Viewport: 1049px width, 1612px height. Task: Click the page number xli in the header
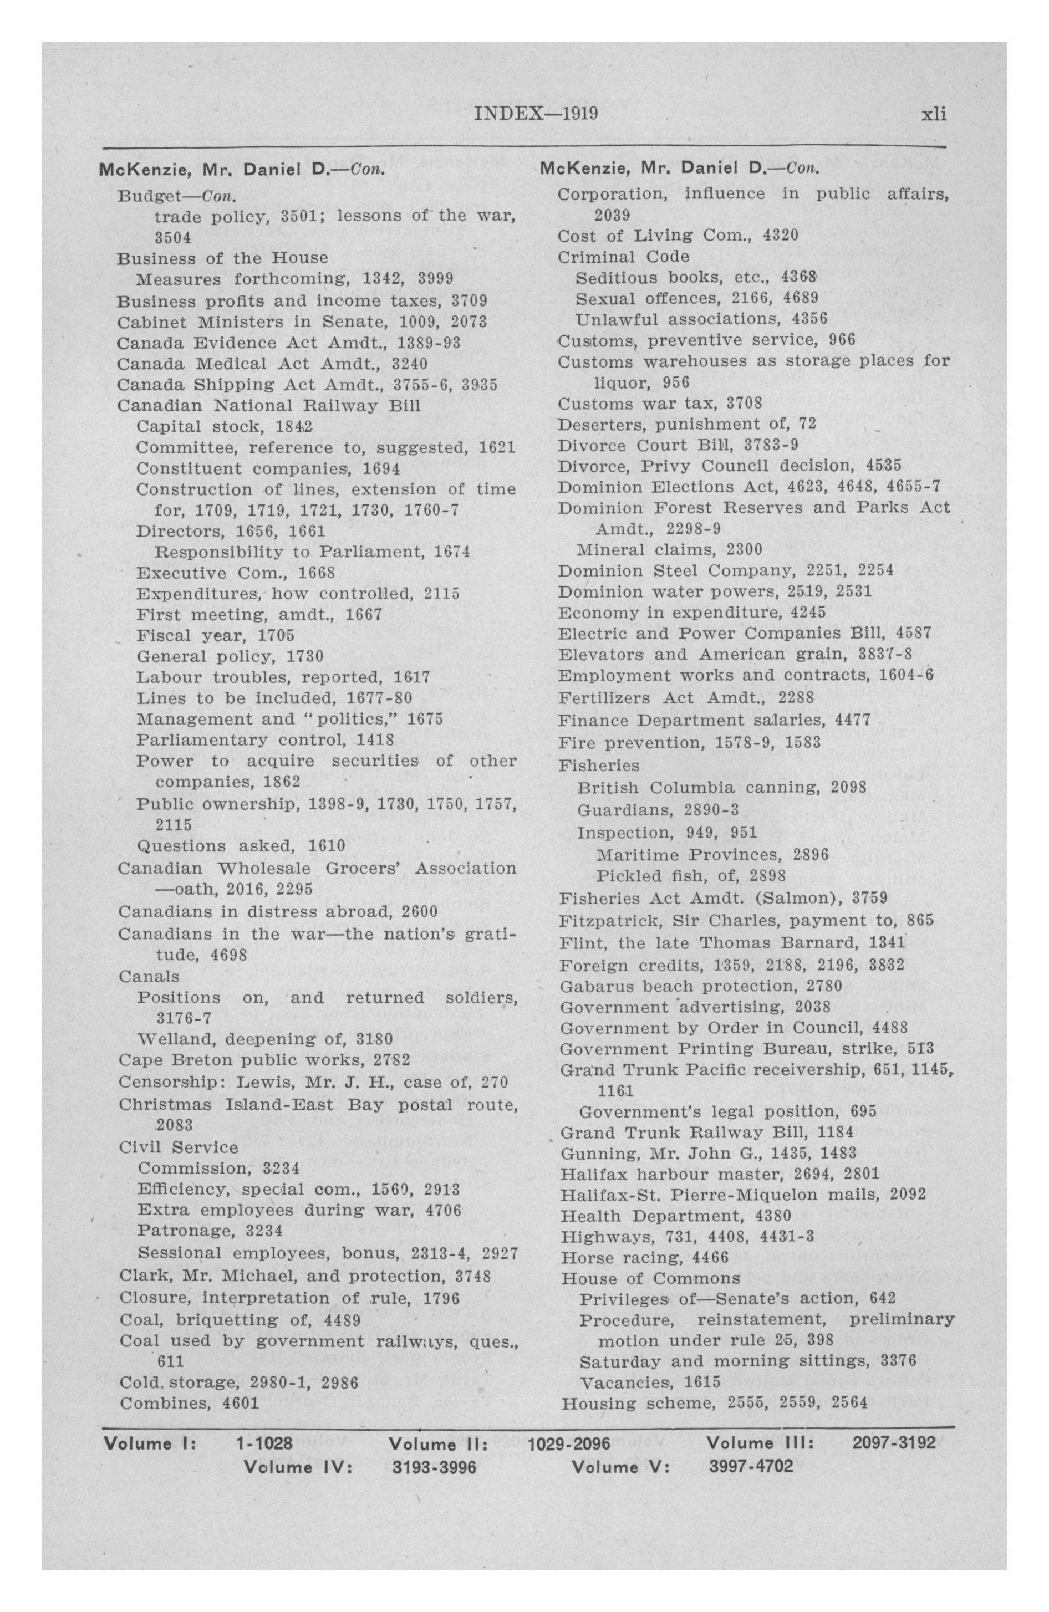pos(933,114)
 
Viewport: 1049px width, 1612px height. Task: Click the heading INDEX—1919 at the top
pos(536,113)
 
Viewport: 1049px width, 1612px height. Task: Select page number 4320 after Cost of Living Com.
pos(781,236)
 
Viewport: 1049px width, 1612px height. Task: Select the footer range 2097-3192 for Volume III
pos(894,1443)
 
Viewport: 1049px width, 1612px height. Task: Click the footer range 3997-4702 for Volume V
pos(751,1467)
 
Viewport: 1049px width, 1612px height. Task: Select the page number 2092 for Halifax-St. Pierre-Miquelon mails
pos(908,1194)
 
